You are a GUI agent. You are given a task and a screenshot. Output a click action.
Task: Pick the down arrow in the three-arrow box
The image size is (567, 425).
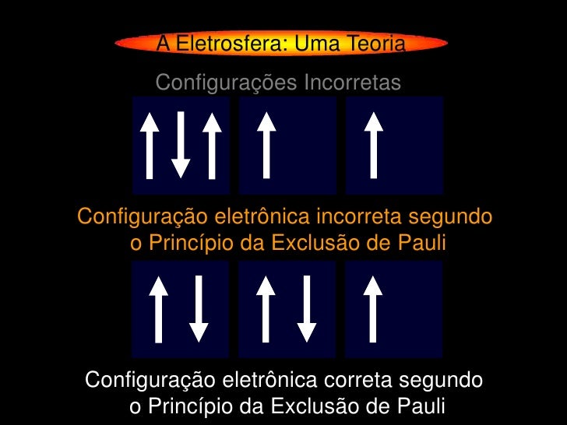point(181,145)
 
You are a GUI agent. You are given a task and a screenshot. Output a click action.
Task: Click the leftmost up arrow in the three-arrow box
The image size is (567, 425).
point(150,145)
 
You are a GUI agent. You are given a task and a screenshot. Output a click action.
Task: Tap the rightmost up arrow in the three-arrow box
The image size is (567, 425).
point(211,145)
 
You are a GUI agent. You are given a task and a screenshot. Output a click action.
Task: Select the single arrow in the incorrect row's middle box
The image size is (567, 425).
point(267,145)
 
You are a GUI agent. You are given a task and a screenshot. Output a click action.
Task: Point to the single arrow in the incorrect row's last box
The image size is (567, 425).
point(374,145)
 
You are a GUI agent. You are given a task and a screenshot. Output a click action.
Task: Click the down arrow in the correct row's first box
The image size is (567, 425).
point(199,309)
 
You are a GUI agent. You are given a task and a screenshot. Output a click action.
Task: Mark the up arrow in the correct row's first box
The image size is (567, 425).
point(159,309)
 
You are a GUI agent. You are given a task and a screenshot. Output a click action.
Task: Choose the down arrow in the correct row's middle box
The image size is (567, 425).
point(307,309)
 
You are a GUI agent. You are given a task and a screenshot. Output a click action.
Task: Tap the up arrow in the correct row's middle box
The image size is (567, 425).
point(266,309)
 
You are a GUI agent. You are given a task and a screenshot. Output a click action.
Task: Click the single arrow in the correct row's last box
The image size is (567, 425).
point(374,309)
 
